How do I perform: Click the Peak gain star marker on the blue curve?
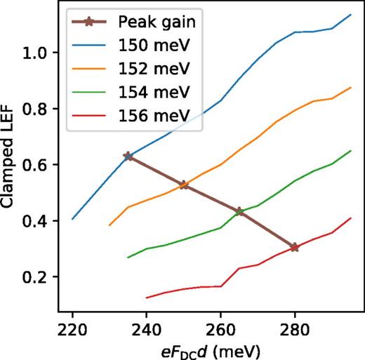pyautogui.click(x=128, y=156)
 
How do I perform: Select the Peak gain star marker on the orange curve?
pyautogui.click(x=183, y=185)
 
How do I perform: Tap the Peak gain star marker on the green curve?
pyautogui.click(x=239, y=211)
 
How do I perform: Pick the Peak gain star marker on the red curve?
pyautogui.click(x=295, y=247)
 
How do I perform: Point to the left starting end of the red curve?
pyautogui.click(x=146, y=298)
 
